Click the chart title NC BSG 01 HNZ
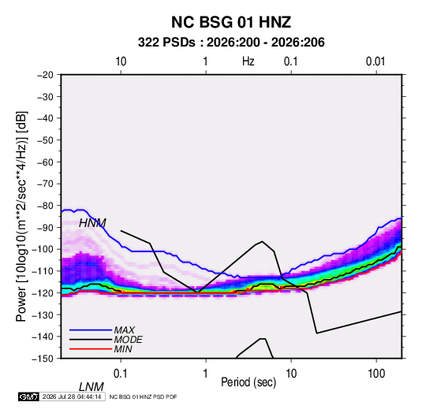tap(231, 22)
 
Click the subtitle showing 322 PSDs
tap(231, 43)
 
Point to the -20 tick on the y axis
tap(46, 75)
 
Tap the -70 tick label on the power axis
tap(46, 184)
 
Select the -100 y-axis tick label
tap(43, 249)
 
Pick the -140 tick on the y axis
tap(43, 337)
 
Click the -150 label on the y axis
tap(43, 359)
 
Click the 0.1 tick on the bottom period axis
tap(121, 374)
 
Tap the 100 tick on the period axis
tap(376, 374)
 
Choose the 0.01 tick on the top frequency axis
tap(375, 61)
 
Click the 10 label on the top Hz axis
tap(121, 61)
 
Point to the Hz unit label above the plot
tap(248, 61)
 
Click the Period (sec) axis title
tap(248, 382)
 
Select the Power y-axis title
tap(21, 216)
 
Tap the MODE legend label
tap(128, 340)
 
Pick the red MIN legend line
tap(91, 349)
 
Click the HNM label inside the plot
tap(92, 223)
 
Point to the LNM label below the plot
tap(91, 387)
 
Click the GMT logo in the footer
tap(28, 397)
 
